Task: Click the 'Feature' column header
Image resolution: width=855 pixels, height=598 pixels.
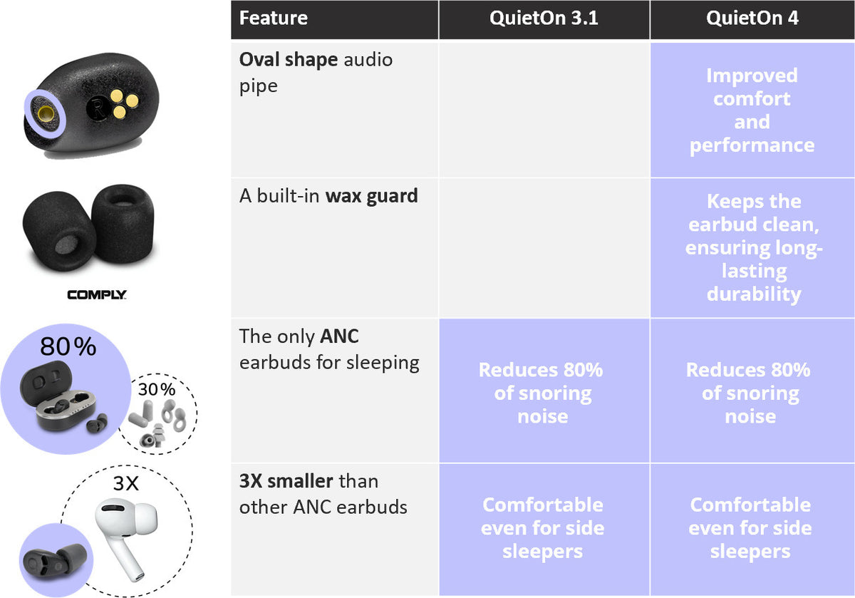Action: pyautogui.click(x=274, y=19)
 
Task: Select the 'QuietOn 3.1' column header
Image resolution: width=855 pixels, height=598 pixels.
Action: pyautogui.click(x=544, y=19)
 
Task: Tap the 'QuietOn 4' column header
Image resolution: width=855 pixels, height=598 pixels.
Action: pyautogui.click(x=752, y=19)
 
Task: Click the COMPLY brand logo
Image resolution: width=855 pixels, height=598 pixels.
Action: pyautogui.click(x=97, y=294)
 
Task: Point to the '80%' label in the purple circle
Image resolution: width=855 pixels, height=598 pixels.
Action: pyautogui.click(x=68, y=346)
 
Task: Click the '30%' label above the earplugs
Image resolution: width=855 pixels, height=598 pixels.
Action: pyautogui.click(x=157, y=389)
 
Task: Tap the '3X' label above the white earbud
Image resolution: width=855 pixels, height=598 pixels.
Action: pyautogui.click(x=126, y=483)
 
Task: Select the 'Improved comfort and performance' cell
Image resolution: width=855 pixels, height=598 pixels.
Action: pyautogui.click(x=752, y=110)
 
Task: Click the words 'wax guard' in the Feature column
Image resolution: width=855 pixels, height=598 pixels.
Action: pyautogui.click(x=371, y=196)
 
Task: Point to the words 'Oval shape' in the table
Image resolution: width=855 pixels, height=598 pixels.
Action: pyautogui.click(x=288, y=61)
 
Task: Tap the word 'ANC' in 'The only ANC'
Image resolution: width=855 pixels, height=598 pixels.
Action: pyautogui.click(x=339, y=336)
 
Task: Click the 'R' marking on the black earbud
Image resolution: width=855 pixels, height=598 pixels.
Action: pyautogui.click(x=98, y=108)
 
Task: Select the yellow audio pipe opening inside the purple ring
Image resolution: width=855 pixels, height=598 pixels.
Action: pyautogui.click(x=46, y=113)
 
